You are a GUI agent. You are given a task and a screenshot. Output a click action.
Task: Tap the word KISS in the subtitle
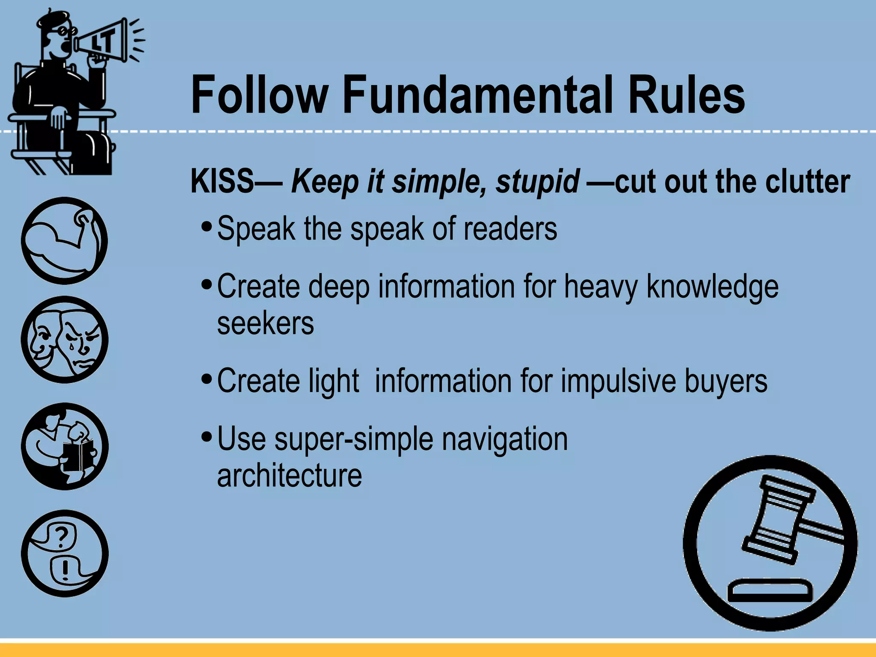coord(222,181)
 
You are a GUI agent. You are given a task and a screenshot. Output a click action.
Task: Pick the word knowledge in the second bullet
coord(713,287)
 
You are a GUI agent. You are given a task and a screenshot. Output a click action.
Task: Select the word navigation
coord(505,439)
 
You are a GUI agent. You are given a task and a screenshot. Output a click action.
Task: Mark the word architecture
coord(290,475)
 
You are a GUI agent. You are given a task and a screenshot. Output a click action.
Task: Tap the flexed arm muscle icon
coord(64,240)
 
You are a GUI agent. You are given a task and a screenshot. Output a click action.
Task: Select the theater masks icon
coord(65,340)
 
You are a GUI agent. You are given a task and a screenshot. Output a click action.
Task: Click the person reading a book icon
coord(65,446)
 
